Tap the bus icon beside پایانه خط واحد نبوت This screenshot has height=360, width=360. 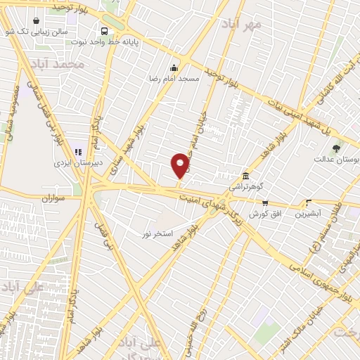pos(104,31)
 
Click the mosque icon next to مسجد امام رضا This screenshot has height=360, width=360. pos(174,68)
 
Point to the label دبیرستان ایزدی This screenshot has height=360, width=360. pos(79,162)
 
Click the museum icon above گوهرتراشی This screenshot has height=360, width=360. pos(245,176)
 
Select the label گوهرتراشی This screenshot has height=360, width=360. pos(245,187)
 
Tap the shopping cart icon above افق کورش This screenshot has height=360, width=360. pos(265,202)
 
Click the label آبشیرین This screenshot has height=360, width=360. pos(308,212)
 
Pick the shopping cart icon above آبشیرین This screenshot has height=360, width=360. pos(308,202)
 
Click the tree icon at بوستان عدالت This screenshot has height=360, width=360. pos(335,148)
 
